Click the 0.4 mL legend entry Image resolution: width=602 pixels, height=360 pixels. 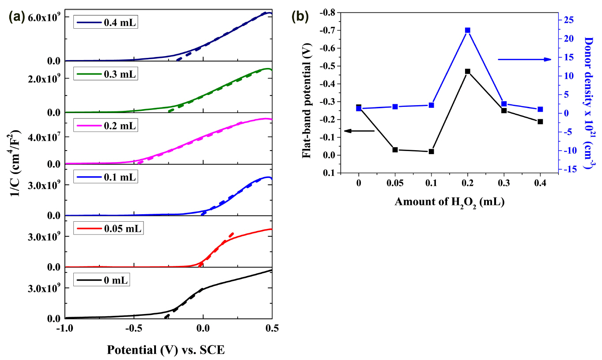[106, 23]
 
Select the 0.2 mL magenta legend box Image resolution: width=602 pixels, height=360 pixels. [106, 126]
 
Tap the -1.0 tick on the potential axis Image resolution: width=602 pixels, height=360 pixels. [65, 329]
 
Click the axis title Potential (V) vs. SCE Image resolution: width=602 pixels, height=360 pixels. [166, 350]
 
